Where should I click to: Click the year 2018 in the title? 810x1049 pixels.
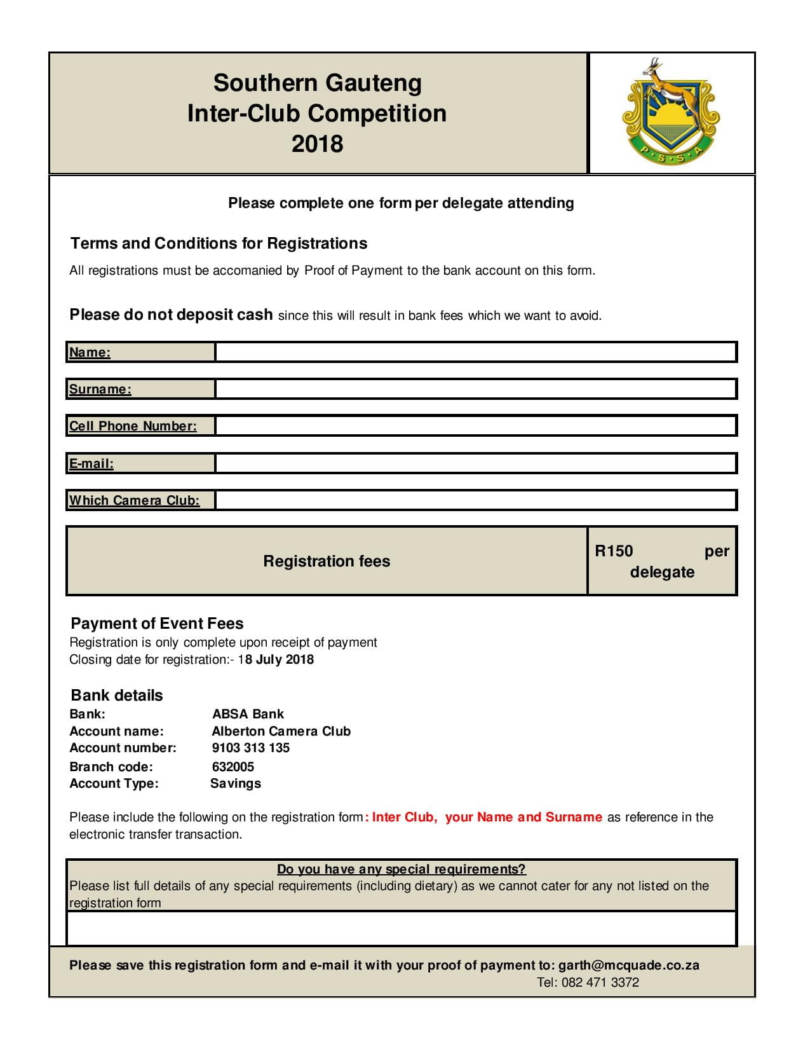coord(317,144)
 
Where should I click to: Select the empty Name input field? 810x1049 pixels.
coord(475,352)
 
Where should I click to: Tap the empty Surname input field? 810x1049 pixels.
coord(475,389)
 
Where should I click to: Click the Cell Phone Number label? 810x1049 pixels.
coord(133,426)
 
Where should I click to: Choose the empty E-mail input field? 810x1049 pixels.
coord(475,463)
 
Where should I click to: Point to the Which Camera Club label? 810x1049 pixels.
coord(134,500)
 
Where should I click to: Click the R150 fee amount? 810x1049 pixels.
coord(614,551)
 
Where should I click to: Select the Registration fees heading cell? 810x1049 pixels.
coord(327,561)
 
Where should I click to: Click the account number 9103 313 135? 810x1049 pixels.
coord(250,748)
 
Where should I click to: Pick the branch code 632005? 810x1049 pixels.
coord(233,767)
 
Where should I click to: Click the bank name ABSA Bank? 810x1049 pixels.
coord(248,714)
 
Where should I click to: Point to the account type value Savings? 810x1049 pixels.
coord(236,783)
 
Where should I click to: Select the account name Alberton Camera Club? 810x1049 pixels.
coord(281,731)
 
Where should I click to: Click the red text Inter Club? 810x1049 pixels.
coord(404,817)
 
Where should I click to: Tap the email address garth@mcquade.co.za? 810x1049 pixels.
coord(628,965)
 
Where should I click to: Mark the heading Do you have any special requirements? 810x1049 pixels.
coord(401,869)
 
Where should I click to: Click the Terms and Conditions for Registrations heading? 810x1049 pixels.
coord(219,243)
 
